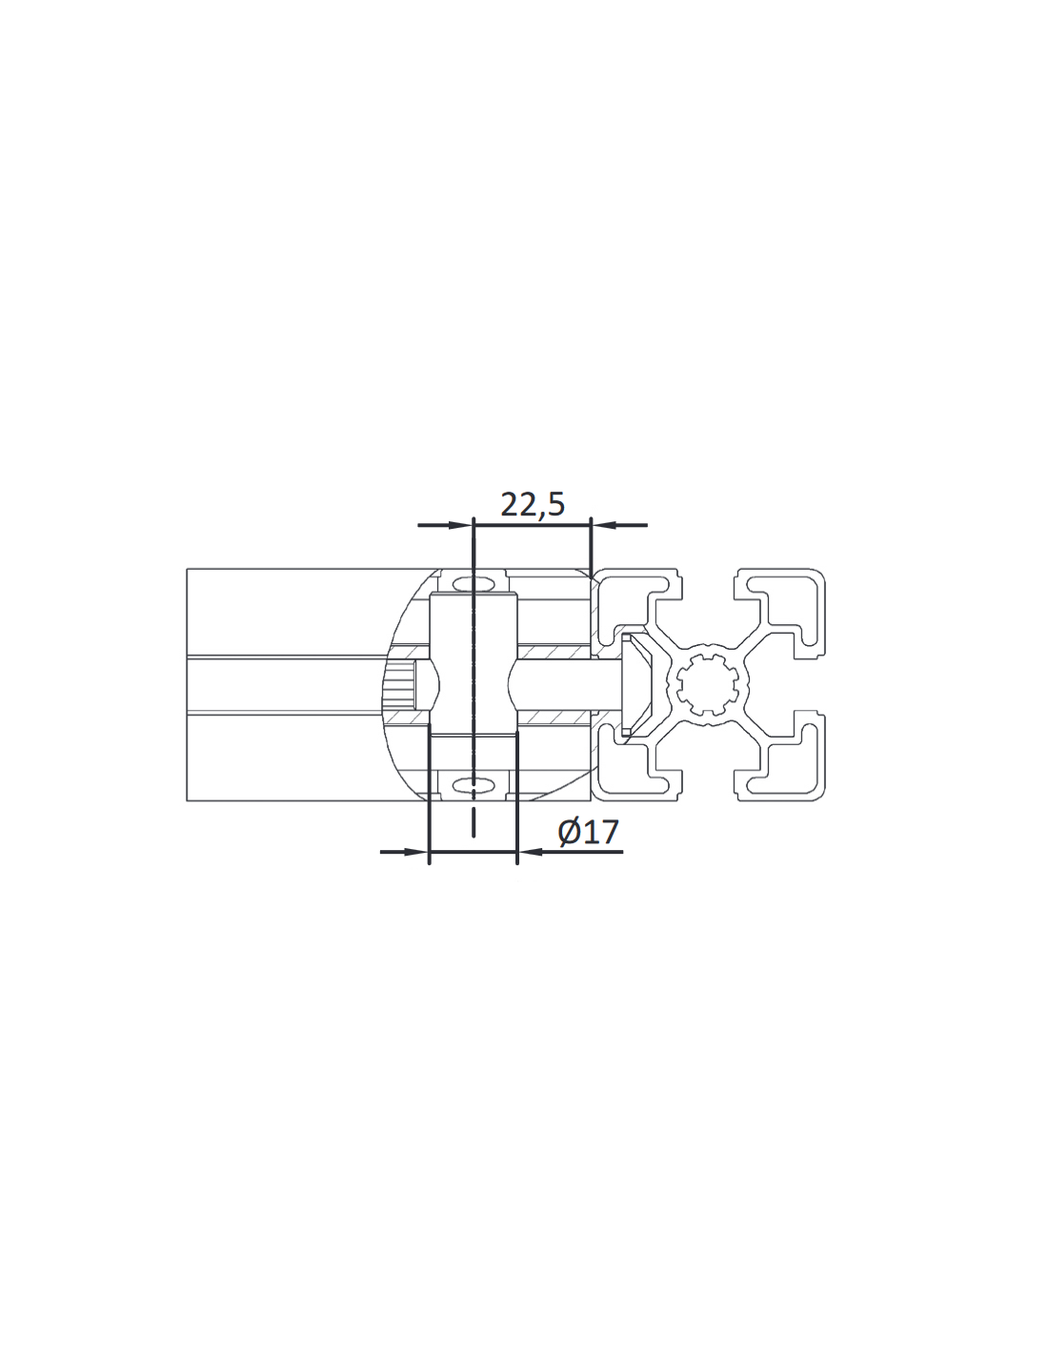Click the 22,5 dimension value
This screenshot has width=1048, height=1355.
533,504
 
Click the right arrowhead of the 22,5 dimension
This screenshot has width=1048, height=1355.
604,525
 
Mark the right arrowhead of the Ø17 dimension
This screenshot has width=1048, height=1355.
531,852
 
